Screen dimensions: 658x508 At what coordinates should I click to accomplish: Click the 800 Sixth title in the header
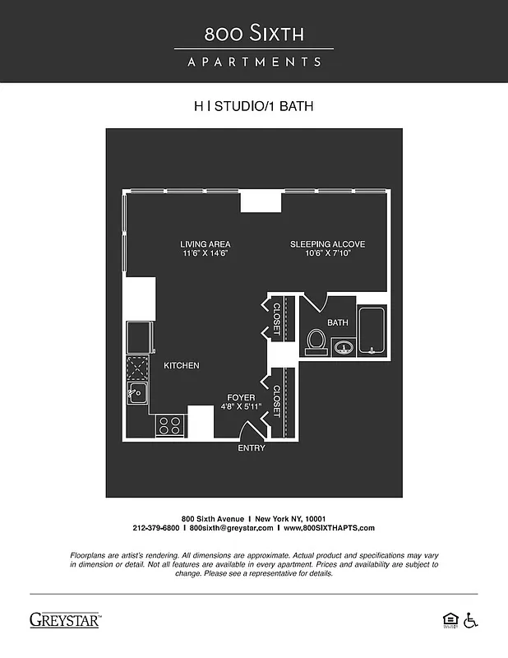254,34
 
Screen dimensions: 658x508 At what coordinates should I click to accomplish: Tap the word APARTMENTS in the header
254,62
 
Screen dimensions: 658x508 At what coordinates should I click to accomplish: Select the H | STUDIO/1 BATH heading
253,106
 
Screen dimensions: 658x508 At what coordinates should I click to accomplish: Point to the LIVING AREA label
206,244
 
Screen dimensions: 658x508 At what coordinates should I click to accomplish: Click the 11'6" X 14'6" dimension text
206,254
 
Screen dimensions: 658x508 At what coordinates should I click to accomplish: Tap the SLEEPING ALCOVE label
327,244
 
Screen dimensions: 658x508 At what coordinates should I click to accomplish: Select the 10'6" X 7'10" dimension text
327,254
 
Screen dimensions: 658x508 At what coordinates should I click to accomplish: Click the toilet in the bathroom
315,341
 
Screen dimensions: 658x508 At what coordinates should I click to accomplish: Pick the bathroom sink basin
344,349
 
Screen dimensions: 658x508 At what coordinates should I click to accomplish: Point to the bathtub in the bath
372,331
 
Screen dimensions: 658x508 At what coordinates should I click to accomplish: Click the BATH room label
338,322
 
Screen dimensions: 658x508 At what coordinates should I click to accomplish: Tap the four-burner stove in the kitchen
170,425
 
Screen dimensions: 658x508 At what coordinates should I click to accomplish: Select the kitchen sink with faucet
136,393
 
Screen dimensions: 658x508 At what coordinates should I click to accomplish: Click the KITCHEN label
182,365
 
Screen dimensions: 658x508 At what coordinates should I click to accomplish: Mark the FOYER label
241,397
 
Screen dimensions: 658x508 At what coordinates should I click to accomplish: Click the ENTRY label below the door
252,448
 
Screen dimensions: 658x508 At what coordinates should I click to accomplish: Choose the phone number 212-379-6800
155,528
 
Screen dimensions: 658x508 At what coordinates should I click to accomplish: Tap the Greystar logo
65,620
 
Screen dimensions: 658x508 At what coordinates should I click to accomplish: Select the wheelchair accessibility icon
471,619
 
